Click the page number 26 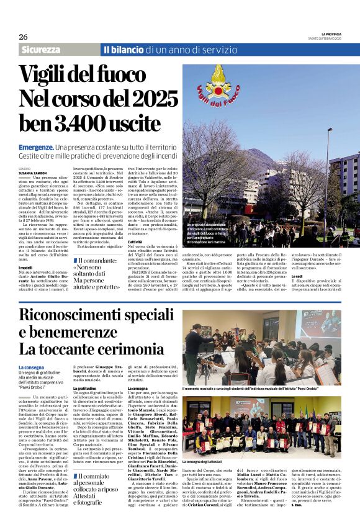point(23,37)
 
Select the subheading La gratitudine point(84,388)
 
